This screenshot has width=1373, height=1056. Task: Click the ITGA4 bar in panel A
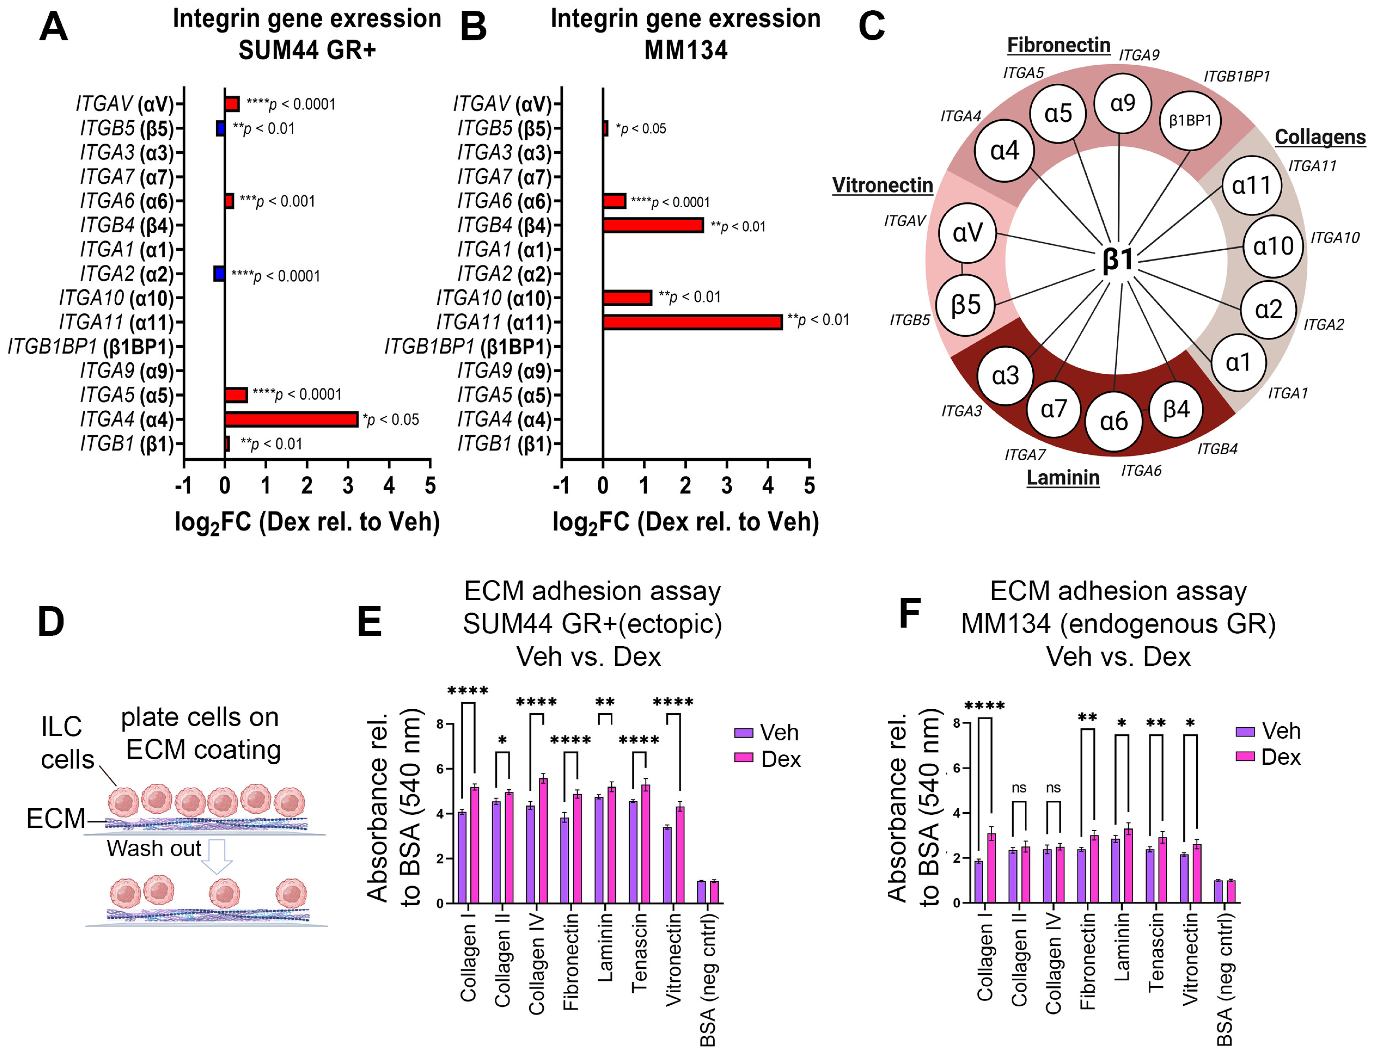tap(291, 419)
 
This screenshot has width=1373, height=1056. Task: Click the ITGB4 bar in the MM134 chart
tap(652, 225)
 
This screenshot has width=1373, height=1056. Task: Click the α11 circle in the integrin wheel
tap(1251, 185)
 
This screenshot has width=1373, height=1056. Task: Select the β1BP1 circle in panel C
tap(1189, 121)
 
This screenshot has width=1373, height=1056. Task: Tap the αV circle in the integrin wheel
tap(968, 233)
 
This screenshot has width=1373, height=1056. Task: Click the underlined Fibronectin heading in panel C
tap(1058, 45)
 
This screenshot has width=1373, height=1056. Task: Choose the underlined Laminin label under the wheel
tap(1063, 478)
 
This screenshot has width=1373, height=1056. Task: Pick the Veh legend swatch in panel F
tap(1245, 731)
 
